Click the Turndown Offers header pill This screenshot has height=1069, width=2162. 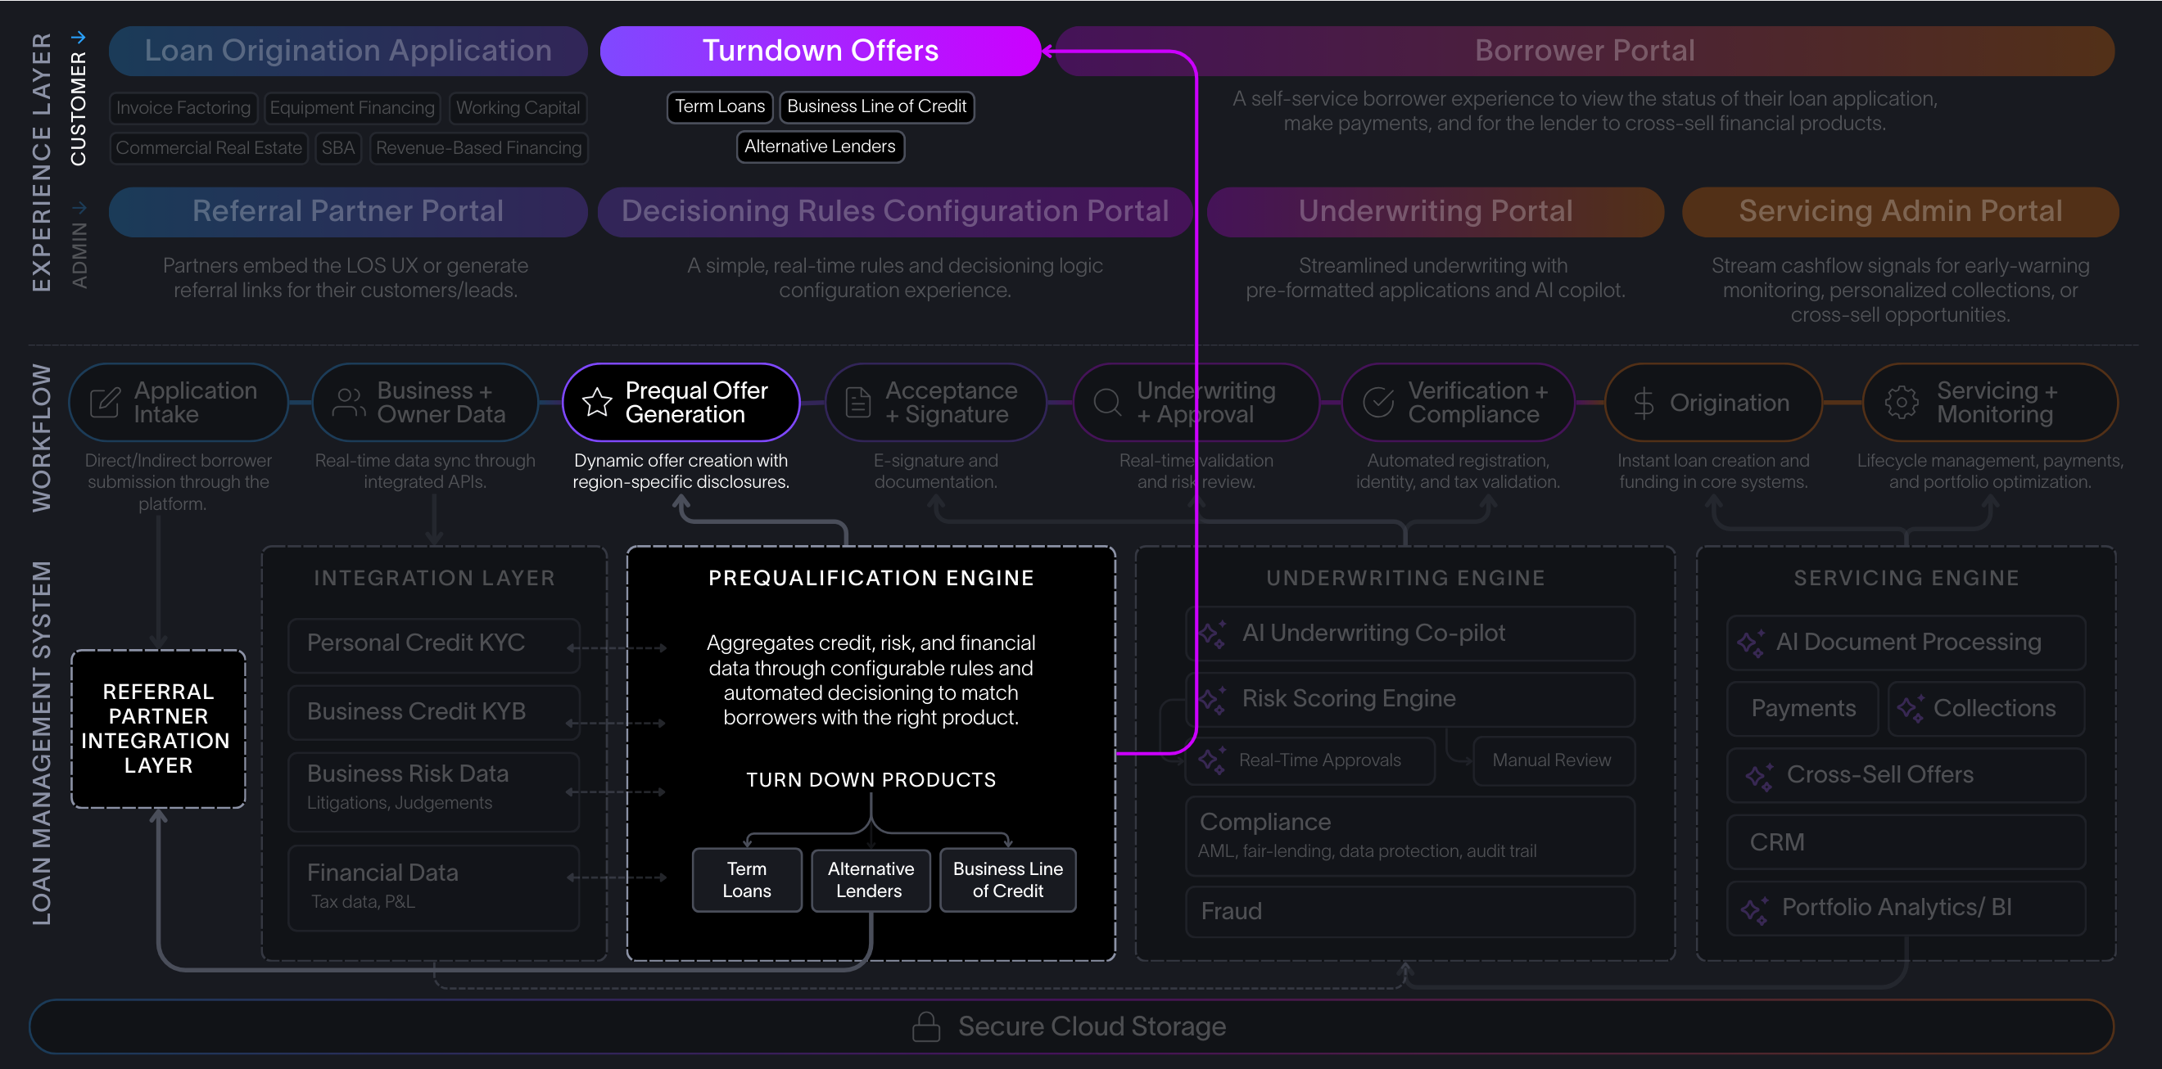820,52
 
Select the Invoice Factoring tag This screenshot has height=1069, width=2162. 183,108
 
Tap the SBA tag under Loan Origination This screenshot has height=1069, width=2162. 337,148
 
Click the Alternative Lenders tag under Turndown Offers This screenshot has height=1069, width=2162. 819,147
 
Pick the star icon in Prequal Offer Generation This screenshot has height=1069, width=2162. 597,403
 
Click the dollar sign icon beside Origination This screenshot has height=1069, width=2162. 1644,404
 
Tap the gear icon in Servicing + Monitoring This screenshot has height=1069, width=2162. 1901,403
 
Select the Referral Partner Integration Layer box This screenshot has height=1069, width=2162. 158,728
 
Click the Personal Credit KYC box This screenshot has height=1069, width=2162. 433,643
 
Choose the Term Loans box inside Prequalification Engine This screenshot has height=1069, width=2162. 746,879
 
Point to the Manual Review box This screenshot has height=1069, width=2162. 1552,760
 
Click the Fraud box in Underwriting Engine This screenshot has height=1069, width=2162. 1409,911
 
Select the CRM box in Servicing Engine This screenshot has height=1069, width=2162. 1905,841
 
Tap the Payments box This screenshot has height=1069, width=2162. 1802,709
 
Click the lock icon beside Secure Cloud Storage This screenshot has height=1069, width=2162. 925,1026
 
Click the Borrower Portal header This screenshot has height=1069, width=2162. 1584,52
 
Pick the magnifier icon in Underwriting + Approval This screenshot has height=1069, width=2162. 1107,403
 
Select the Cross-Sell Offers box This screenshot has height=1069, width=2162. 1905,775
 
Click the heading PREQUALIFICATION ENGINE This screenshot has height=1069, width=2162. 871,578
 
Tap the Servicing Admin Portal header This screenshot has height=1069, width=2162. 1899,211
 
